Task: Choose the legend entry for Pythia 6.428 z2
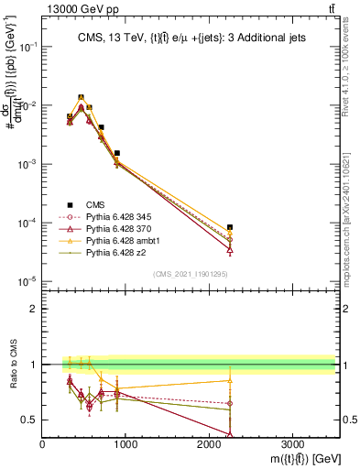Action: [x=109, y=252]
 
